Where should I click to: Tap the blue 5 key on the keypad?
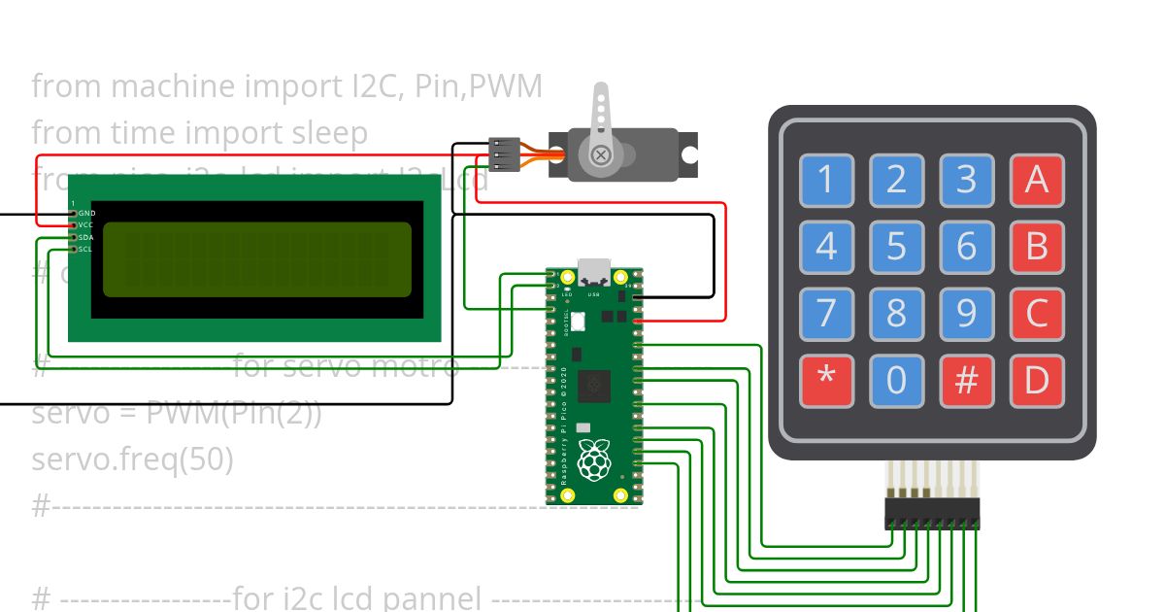pyautogui.click(x=896, y=247)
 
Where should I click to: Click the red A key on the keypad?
pyautogui.click(x=1036, y=181)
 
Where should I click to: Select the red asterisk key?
pyautogui.click(x=826, y=380)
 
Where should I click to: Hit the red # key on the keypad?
pyautogui.click(x=966, y=380)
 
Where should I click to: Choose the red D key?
pyautogui.click(x=1036, y=380)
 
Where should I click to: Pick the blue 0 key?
pyautogui.click(x=896, y=380)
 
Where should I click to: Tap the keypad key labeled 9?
pyautogui.click(x=966, y=314)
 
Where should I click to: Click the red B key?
pyautogui.click(x=1036, y=247)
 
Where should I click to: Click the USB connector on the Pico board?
pyautogui.click(x=594, y=271)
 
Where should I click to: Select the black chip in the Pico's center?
pyautogui.click(x=593, y=386)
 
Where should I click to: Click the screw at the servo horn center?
pyautogui.click(x=601, y=153)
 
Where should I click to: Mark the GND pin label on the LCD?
pyautogui.click(x=86, y=213)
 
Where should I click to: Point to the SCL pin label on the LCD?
pyautogui.click(x=85, y=249)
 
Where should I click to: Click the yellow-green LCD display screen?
pyautogui.click(x=256, y=259)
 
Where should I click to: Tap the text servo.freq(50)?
pyautogui.click(x=132, y=459)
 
